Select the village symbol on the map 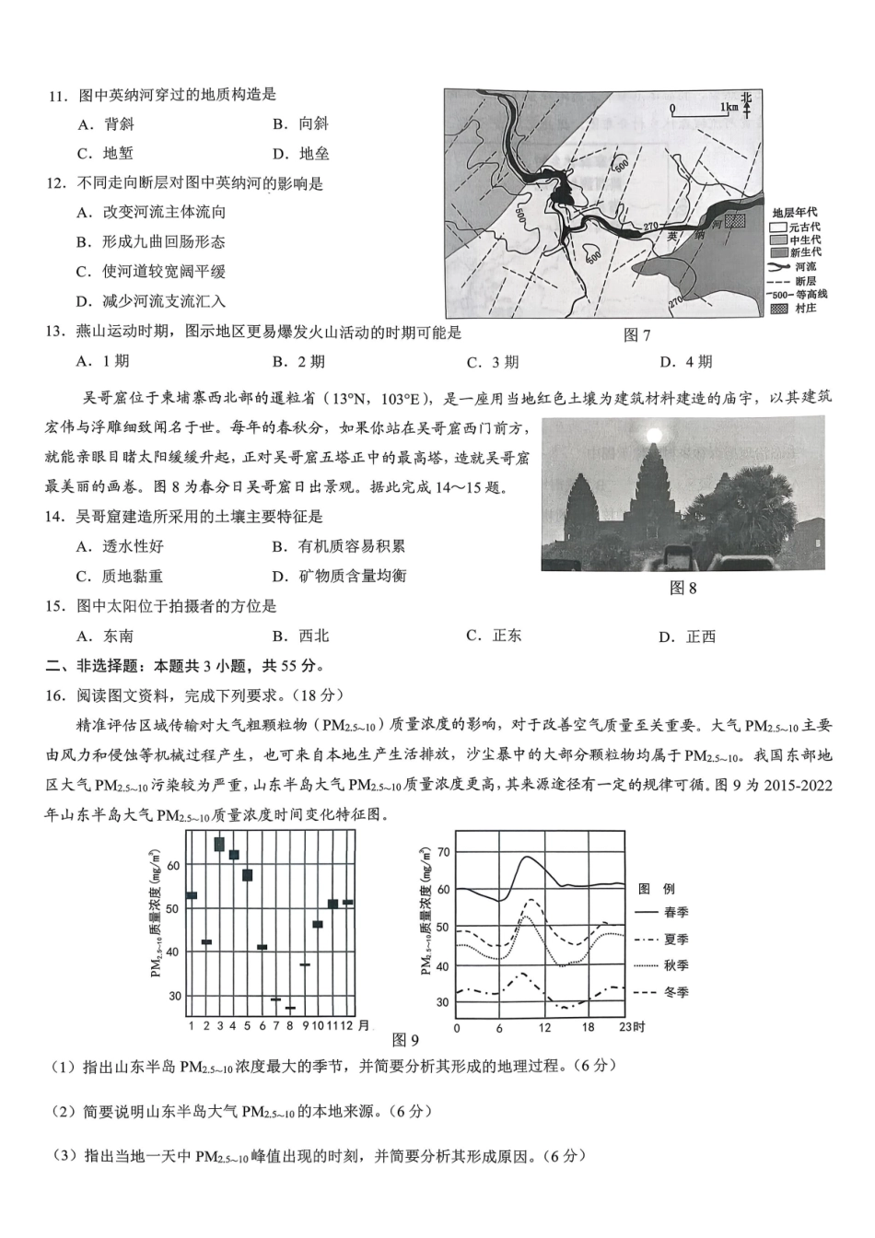click(734, 221)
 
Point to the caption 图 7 click(636, 335)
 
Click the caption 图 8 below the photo click(682, 588)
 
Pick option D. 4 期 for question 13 click(685, 362)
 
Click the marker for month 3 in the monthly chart click(219, 844)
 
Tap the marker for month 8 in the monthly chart click(290, 1008)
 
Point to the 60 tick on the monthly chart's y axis click(175, 864)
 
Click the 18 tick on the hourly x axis click(589, 1028)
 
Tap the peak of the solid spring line click(526, 858)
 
